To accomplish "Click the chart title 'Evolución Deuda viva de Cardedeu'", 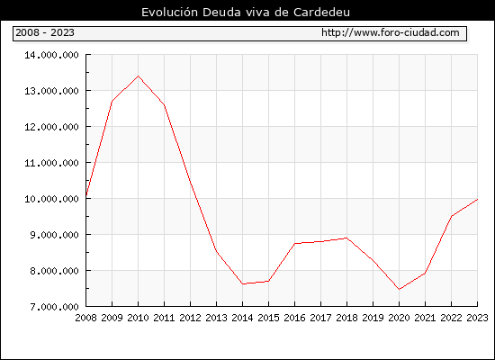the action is (x=246, y=12).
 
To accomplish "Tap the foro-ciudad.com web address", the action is (x=391, y=32).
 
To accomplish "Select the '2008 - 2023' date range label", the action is (x=45, y=32).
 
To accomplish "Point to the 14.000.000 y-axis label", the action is (x=51, y=55).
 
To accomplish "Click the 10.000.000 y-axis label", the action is (x=51, y=199).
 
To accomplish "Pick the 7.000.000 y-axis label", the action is (x=54, y=307).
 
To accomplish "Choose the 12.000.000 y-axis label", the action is (x=51, y=127).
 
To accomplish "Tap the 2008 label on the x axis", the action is (x=85, y=318).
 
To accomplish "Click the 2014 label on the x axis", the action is (x=242, y=318).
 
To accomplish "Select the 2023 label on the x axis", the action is (x=477, y=318).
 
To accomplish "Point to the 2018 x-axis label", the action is (x=346, y=318).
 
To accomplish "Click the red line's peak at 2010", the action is (x=138, y=76).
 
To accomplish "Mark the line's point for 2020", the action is (x=399, y=289).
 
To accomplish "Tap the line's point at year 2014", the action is (x=242, y=283).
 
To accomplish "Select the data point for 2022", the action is (x=452, y=216).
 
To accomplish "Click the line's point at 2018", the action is (x=346, y=238).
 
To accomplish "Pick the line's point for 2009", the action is (x=112, y=102).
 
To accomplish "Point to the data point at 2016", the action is (x=294, y=244).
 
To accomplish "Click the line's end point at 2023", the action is (x=477, y=199).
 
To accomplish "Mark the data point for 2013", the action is (x=216, y=251).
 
